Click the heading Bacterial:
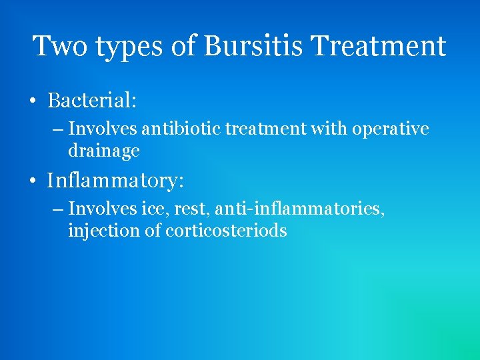(92, 101)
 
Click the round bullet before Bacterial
(32, 102)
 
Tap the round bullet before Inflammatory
(32, 181)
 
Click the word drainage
(103, 151)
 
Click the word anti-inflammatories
(296, 209)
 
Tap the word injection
(105, 231)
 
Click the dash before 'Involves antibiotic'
(58, 129)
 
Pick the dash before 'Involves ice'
(58, 209)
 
